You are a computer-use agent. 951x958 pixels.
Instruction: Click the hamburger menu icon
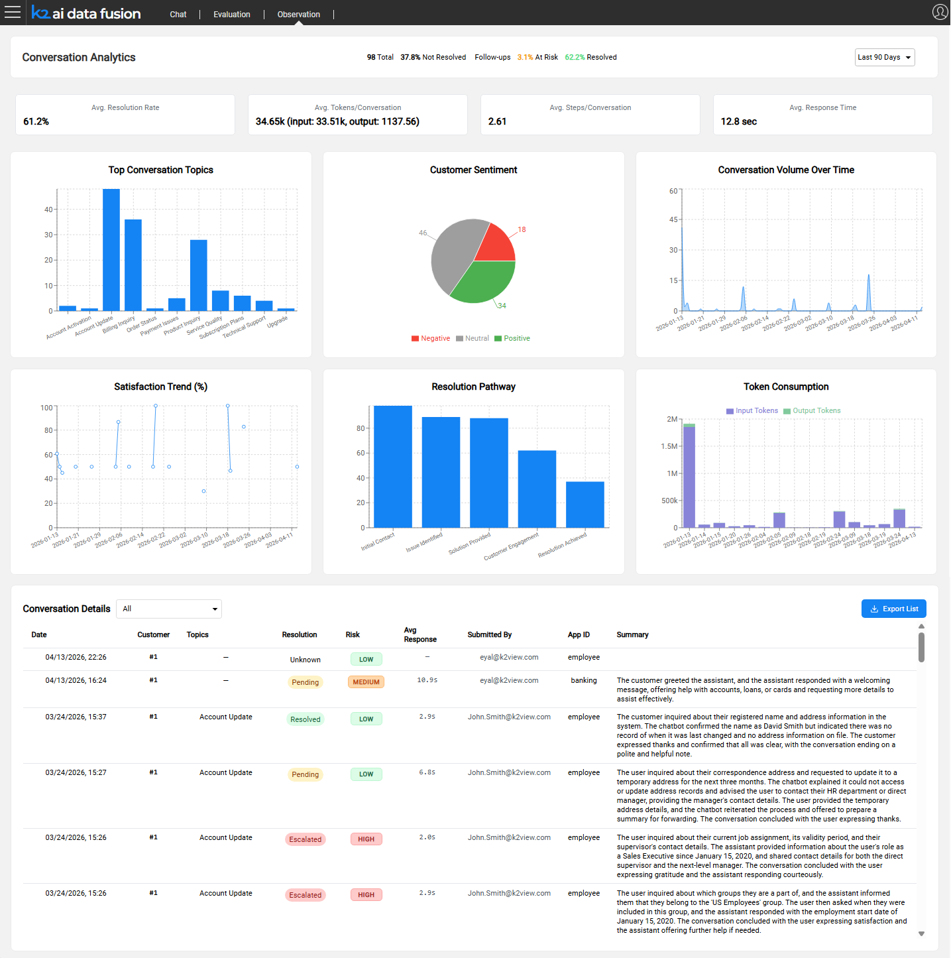pos(13,13)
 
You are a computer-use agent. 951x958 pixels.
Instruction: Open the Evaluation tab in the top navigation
pos(231,15)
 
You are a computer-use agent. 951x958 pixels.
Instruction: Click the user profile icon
pos(939,12)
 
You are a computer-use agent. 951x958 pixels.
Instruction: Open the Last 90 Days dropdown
pos(884,58)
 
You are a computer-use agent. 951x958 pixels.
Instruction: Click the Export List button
pos(893,609)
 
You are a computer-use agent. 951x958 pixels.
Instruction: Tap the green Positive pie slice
pos(482,282)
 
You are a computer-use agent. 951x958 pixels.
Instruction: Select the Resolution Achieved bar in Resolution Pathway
pos(585,505)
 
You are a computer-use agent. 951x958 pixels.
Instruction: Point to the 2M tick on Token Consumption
pos(672,420)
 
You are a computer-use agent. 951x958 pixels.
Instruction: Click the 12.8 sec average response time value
pos(738,122)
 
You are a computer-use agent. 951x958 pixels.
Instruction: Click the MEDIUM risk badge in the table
pos(366,682)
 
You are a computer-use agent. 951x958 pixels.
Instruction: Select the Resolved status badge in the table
pos(305,719)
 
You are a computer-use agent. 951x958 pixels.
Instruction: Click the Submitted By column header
pos(489,635)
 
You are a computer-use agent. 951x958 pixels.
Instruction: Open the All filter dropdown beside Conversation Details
pos(169,609)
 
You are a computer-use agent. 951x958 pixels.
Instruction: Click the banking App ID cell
pos(583,681)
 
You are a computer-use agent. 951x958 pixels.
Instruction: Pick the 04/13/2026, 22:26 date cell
pos(76,658)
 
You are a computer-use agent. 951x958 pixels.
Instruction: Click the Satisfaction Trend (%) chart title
pos(160,387)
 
